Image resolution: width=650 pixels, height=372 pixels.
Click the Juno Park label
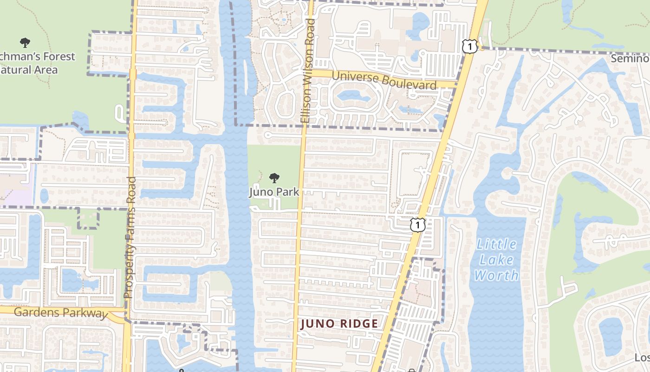274,192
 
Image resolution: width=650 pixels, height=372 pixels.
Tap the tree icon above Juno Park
274,178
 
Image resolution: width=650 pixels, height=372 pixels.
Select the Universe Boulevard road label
384,80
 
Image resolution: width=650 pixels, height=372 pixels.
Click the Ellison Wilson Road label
308,71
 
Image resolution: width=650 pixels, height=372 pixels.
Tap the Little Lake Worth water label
496,259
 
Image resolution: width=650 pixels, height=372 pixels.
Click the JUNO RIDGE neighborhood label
339,324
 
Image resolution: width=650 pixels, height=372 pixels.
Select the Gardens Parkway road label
60,312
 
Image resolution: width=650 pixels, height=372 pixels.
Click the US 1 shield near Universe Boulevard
470,46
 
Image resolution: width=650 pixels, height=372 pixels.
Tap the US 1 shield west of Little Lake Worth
418,225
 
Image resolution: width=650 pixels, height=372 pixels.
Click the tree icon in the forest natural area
25,43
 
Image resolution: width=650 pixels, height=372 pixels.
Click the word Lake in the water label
496,259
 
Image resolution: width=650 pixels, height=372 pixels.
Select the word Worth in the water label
496,275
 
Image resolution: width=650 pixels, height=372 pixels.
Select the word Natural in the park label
29,70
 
